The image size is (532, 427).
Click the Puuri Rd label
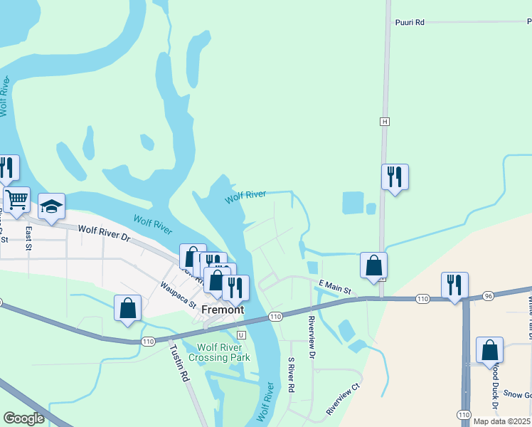click(410, 23)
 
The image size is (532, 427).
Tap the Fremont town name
click(223, 310)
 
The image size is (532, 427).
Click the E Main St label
click(334, 287)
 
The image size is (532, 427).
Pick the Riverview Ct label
click(344, 401)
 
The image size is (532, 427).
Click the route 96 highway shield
click(487, 295)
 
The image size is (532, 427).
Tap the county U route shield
click(241, 334)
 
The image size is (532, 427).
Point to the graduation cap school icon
click(51, 206)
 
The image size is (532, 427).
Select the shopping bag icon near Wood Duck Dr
click(489, 350)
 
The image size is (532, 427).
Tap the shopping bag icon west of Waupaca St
click(128, 308)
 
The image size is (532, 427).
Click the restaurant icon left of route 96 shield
click(454, 285)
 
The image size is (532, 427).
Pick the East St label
click(28, 238)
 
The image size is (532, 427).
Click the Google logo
click(24, 418)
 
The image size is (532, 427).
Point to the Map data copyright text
click(502, 421)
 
